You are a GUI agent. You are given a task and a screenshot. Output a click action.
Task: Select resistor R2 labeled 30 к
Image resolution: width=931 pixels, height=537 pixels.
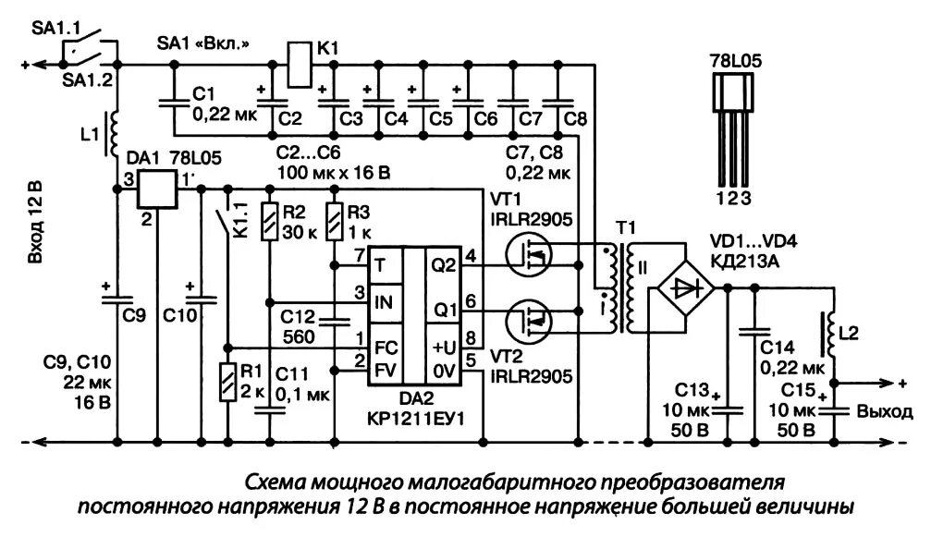(x=269, y=222)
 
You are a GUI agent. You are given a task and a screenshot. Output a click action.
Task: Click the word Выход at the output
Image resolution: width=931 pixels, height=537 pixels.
(x=886, y=411)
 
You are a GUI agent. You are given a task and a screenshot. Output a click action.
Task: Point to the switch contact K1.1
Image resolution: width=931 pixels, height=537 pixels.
(x=225, y=222)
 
